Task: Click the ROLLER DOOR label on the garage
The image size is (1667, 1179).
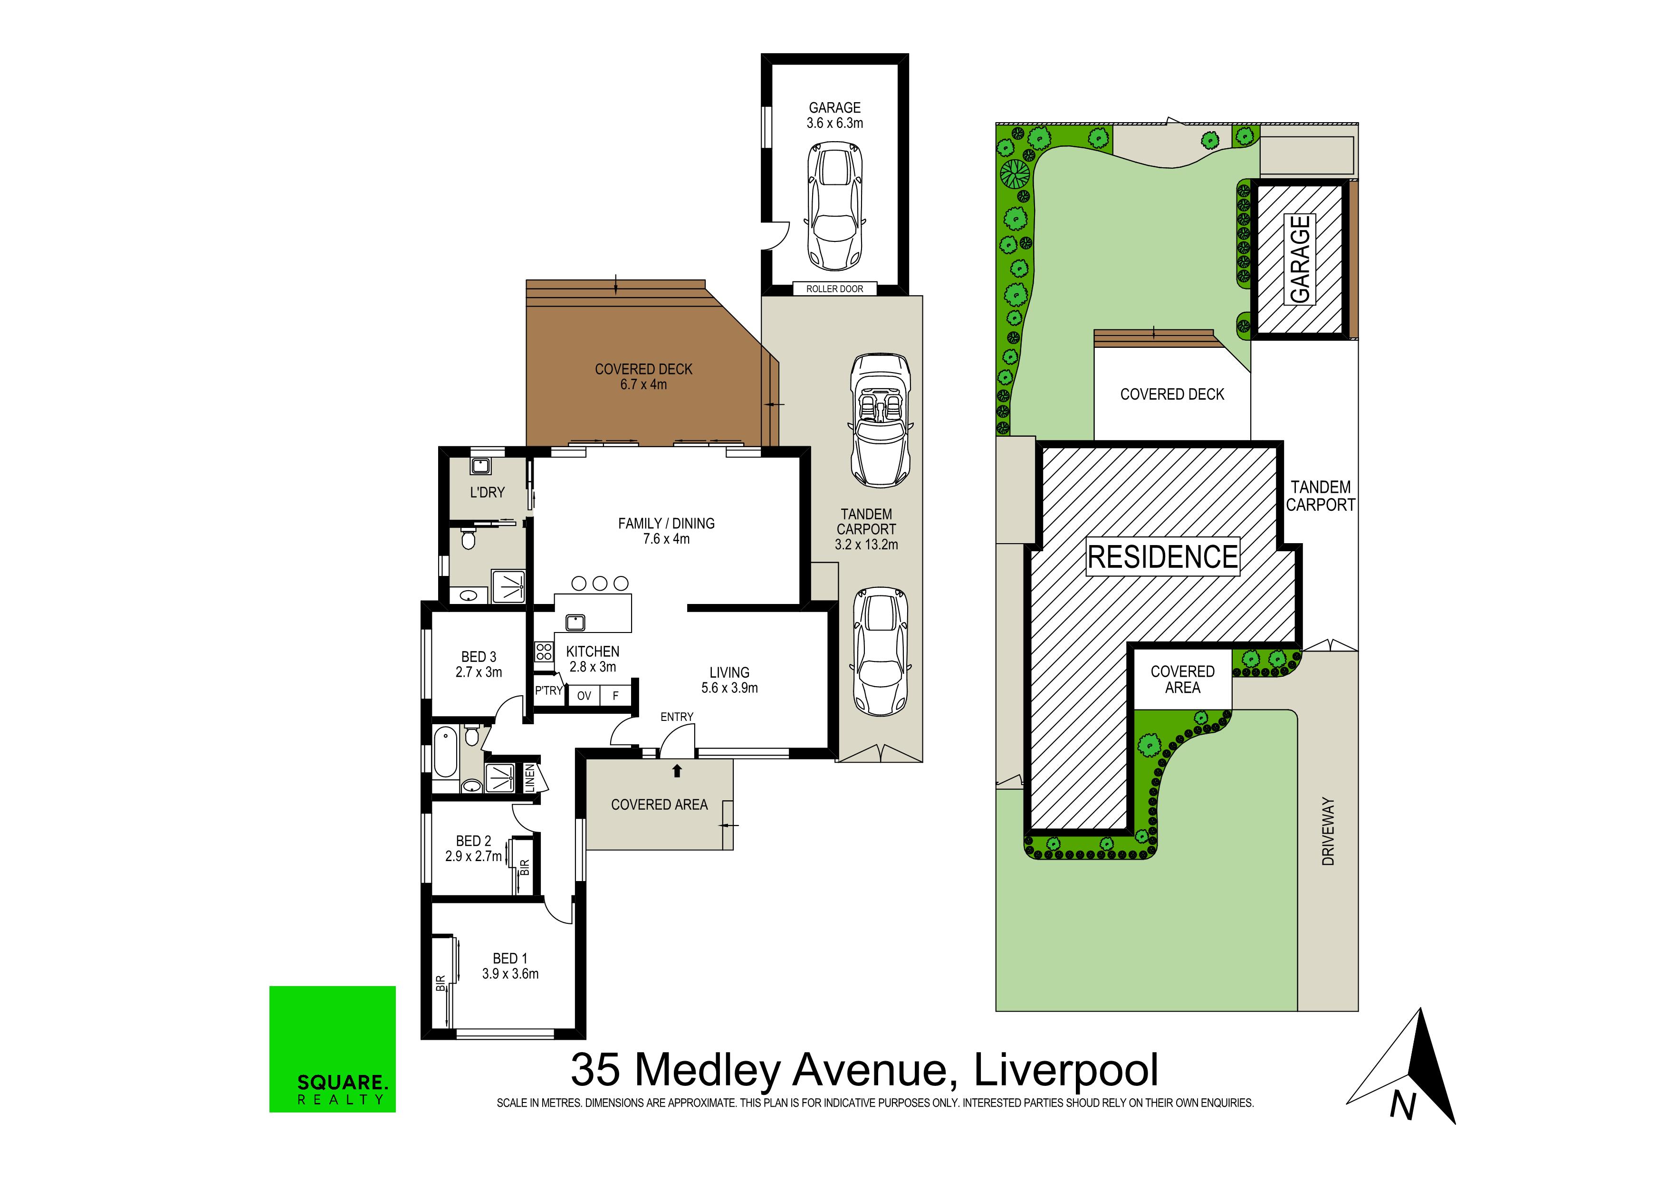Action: pos(834,289)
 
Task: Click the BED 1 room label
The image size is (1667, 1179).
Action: pos(510,966)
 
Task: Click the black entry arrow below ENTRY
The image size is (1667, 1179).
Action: pos(678,770)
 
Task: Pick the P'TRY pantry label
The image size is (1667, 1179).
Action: pos(549,690)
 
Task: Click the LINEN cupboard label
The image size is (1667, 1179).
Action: pos(530,778)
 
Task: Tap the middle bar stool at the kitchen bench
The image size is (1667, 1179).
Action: pos(600,583)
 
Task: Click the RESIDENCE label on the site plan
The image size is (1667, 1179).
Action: pos(1162,557)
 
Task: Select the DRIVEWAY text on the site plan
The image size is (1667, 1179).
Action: pos(1328,831)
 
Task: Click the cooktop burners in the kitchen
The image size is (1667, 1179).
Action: pos(544,651)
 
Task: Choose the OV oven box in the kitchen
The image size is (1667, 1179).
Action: pos(584,696)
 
